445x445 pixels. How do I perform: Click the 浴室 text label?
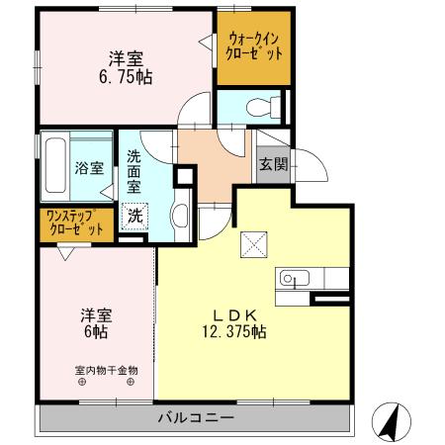[89, 168]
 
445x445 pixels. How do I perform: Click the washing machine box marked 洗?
[133, 213]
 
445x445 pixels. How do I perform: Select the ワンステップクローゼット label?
[74, 223]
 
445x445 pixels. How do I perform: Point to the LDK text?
[237, 315]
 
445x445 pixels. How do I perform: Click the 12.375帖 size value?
[237, 333]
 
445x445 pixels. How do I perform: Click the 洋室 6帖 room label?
[96, 323]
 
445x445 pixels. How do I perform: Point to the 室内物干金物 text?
[103, 372]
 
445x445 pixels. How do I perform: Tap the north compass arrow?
[391, 423]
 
